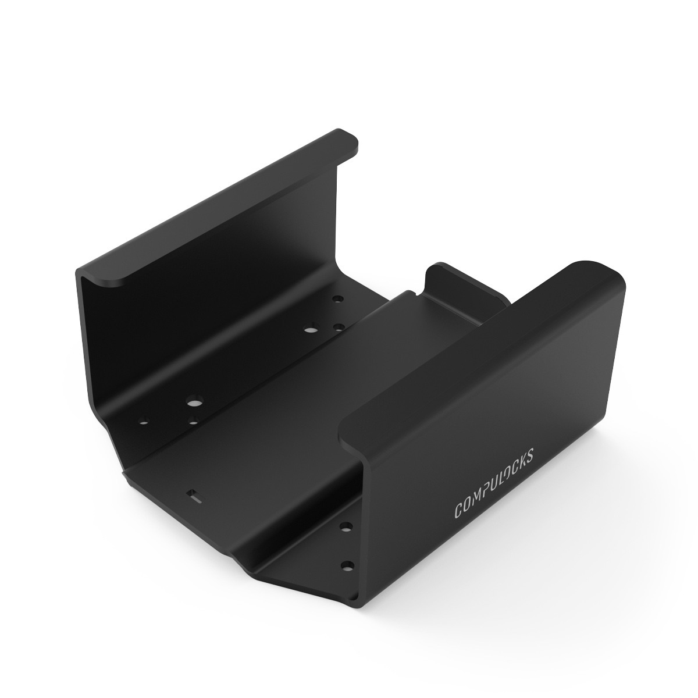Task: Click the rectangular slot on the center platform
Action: [194, 496]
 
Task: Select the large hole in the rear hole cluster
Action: [309, 330]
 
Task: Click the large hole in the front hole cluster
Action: [192, 402]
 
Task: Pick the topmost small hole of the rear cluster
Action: [337, 300]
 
